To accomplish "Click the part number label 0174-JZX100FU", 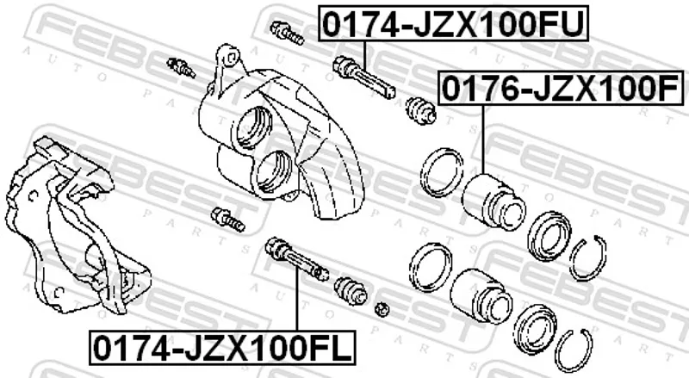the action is [454, 24].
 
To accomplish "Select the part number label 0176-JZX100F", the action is [562, 89].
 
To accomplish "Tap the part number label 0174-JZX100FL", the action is [223, 347].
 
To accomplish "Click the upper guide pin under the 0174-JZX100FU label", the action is [364, 77].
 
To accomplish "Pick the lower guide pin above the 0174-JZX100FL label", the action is [297, 259].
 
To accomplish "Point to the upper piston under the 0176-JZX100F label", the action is [493, 201].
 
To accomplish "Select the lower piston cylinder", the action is [481, 297].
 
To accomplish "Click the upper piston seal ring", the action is [442, 172].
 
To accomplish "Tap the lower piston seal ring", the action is [430, 267].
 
